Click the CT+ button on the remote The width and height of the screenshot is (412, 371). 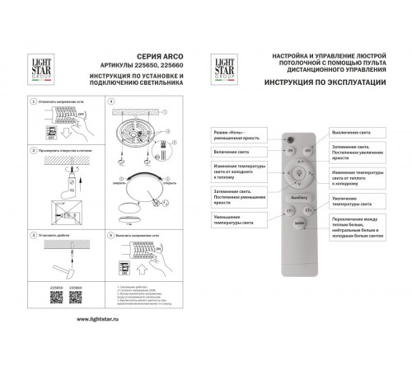click(313, 210)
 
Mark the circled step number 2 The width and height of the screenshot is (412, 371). click(31, 151)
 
